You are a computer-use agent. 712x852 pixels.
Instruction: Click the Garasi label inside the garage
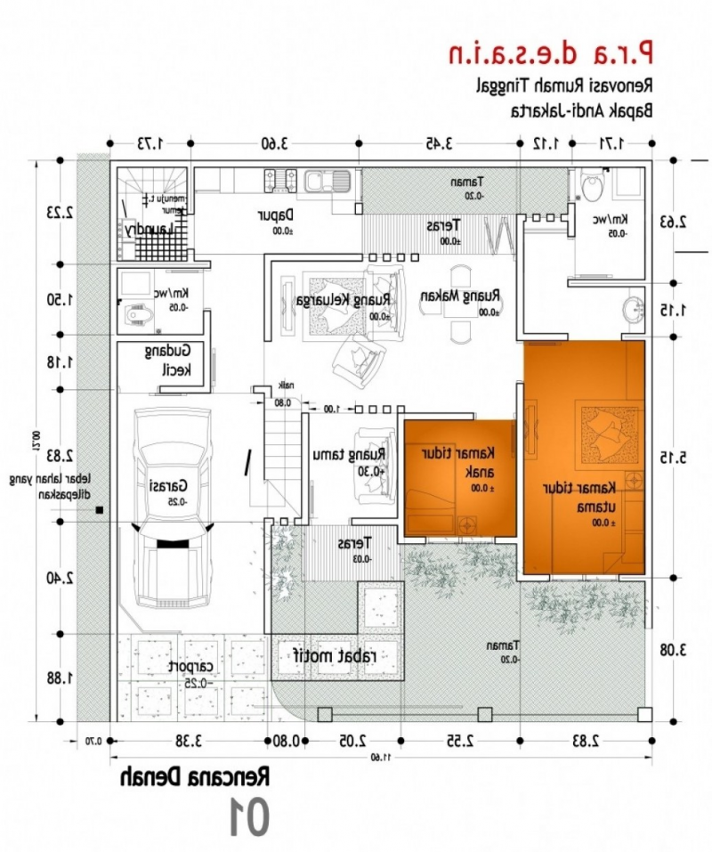click(169, 487)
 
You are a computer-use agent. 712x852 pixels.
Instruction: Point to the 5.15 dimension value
click(681, 458)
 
